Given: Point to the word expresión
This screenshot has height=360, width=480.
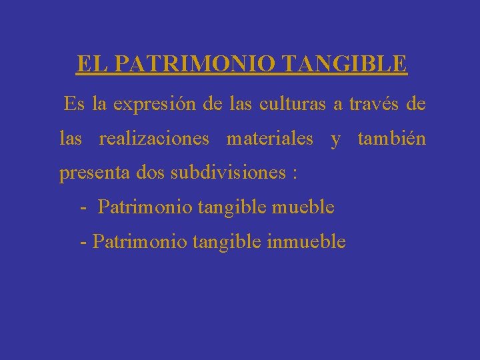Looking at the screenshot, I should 153,105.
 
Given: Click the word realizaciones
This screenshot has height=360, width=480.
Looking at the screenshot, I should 154,139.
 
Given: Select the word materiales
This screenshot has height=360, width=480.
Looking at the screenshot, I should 270,139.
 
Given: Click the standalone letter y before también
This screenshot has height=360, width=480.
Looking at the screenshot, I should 335,140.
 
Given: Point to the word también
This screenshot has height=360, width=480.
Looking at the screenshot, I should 392,139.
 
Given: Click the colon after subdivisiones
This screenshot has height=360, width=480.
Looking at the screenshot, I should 294,175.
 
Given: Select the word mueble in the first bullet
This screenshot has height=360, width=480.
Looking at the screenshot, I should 303,207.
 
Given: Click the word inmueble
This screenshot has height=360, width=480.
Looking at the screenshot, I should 306,241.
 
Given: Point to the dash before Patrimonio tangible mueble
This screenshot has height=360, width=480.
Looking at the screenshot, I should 83,209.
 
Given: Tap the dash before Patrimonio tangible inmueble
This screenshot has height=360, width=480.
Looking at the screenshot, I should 83,243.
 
